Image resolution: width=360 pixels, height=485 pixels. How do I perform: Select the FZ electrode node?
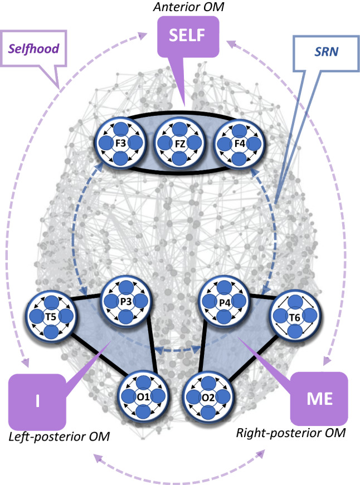pos(178,144)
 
